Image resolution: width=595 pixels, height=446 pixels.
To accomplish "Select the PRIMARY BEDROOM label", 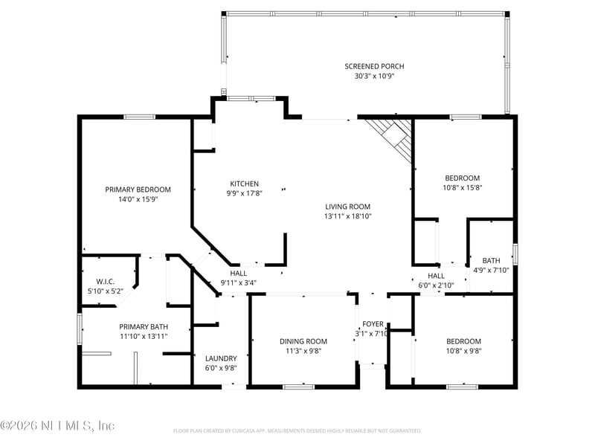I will (x=138, y=190).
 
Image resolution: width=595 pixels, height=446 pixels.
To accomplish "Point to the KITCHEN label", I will (x=244, y=184).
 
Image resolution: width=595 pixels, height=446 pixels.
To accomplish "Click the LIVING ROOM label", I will (x=347, y=207).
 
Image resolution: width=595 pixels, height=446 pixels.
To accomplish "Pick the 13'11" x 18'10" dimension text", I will (x=347, y=216).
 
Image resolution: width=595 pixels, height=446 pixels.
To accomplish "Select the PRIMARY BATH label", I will (x=144, y=326).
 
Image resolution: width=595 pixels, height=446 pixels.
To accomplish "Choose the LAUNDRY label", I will (x=221, y=358).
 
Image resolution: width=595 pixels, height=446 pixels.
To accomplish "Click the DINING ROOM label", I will (x=303, y=341).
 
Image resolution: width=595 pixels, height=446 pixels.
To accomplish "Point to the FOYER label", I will (x=373, y=324).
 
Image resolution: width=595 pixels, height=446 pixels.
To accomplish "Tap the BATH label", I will (x=491, y=260).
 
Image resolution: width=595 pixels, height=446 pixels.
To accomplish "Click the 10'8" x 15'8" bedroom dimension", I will (x=463, y=187).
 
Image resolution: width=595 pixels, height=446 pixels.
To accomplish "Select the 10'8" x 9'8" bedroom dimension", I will (x=463, y=351).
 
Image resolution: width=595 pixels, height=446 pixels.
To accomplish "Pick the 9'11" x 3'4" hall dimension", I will (x=238, y=282).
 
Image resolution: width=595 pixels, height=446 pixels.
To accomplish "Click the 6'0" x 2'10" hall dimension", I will (x=436, y=285).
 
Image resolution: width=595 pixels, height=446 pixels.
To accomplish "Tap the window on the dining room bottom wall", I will (x=298, y=387).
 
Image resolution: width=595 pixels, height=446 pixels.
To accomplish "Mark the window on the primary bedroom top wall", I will (x=139, y=117).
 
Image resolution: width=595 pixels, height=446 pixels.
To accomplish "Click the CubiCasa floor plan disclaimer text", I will (x=297, y=430).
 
